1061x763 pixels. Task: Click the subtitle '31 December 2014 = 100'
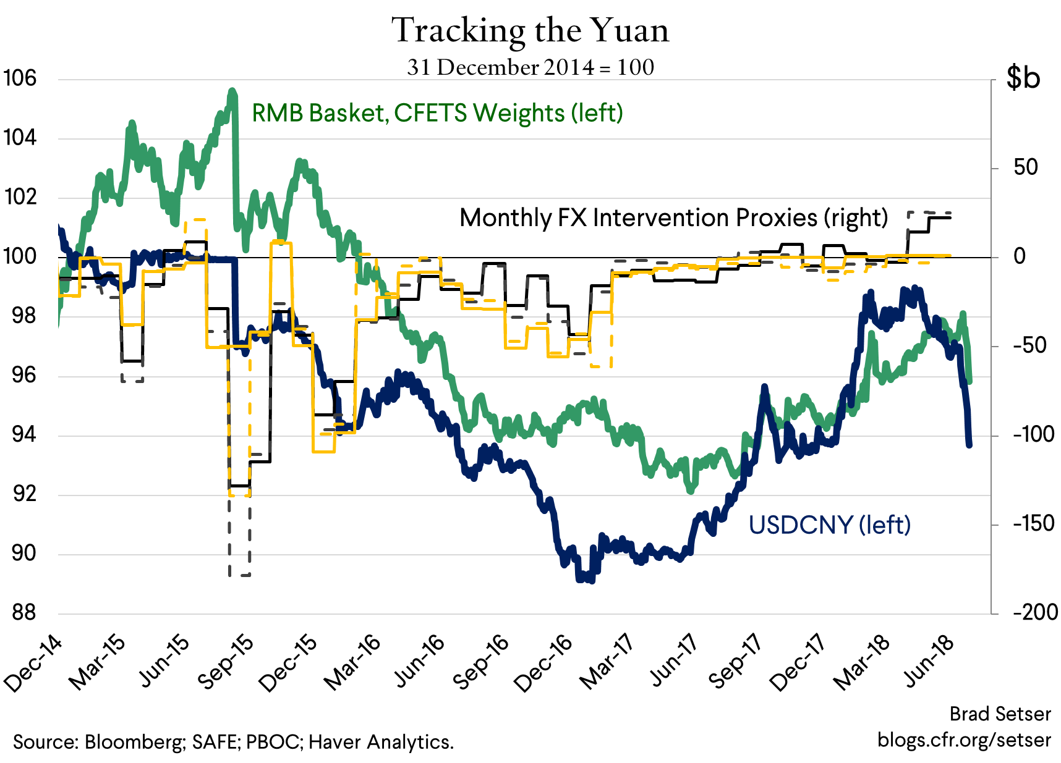click(x=530, y=67)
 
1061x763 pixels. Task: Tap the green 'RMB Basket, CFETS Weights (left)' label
click(x=437, y=113)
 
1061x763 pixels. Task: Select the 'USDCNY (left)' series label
click(x=829, y=525)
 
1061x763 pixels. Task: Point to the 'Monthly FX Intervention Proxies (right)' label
click(x=673, y=217)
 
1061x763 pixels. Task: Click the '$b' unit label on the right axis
click(x=1023, y=78)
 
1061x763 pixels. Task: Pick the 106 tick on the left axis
click(x=20, y=78)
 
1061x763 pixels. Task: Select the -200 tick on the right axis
click(x=1035, y=612)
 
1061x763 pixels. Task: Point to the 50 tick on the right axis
click(x=1025, y=167)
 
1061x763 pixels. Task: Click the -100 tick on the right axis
click(x=1034, y=434)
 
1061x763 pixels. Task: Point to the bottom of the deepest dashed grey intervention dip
click(x=239, y=575)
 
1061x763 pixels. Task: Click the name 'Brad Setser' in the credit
click(x=1000, y=714)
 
